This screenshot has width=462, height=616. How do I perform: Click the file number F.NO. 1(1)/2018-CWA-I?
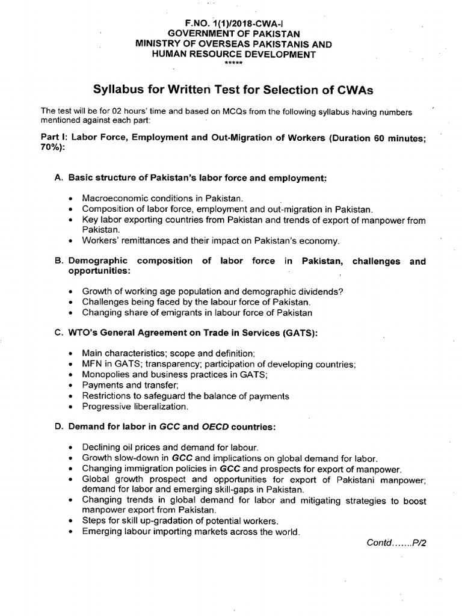click(x=231, y=23)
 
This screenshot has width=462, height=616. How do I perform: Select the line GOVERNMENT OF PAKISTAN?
click(x=231, y=34)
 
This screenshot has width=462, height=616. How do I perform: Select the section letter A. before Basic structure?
click(x=59, y=179)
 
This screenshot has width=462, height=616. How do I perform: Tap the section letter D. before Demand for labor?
click(x=59, y=427)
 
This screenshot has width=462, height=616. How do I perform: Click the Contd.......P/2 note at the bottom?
click(x=396, y=542)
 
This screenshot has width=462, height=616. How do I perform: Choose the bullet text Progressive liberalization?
click(x=135, y=407)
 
